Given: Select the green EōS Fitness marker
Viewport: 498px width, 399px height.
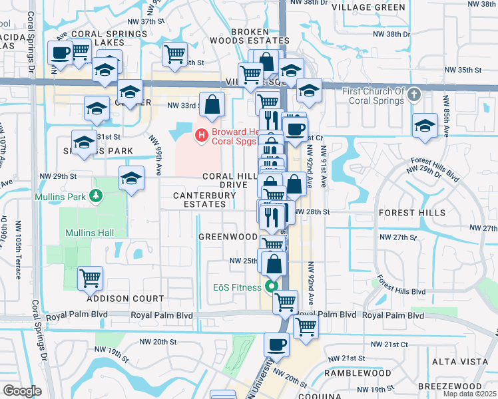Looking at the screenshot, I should tap(271, 287).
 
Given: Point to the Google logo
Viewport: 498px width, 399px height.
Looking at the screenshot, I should tap(22, 391).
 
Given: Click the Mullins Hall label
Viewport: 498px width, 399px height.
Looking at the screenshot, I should tap(89, 233).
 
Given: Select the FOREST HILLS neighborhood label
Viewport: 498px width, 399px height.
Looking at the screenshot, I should tap(412, 213).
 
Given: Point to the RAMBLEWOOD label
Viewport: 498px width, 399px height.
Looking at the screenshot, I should tap(358, 374).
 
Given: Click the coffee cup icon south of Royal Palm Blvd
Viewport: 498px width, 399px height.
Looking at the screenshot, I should tap(276, 344).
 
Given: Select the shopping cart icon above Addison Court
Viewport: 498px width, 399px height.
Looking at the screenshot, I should tap(91, 277).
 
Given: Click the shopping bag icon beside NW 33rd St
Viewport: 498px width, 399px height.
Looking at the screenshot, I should tap(212, 104).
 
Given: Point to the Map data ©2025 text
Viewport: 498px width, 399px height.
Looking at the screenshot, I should tap(469, 394).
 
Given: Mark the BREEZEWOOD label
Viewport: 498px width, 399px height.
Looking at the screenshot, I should tap(450, 386).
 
